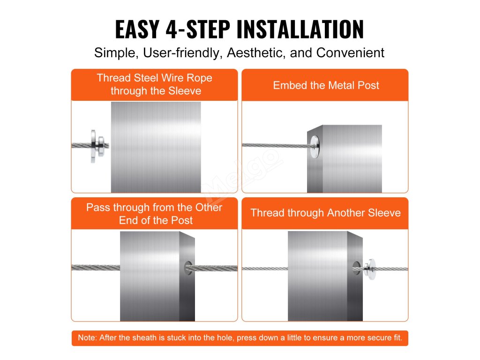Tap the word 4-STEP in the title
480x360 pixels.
pos(198,29)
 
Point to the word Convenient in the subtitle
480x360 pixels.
pos(350,53)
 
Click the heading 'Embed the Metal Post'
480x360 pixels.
pos(326,85)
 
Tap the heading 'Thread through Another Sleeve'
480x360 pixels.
pos(326,213)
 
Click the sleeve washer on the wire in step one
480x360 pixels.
pos(97,146)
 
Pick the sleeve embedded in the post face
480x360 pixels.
pos(315,147)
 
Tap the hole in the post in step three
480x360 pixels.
pos(187,268)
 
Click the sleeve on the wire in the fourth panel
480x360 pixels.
pos(370,269)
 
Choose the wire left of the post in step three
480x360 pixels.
pos(96,268)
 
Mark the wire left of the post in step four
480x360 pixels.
pos(265,269)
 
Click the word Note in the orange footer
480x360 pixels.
pos(87,337)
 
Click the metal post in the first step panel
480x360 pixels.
pos(156,147)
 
